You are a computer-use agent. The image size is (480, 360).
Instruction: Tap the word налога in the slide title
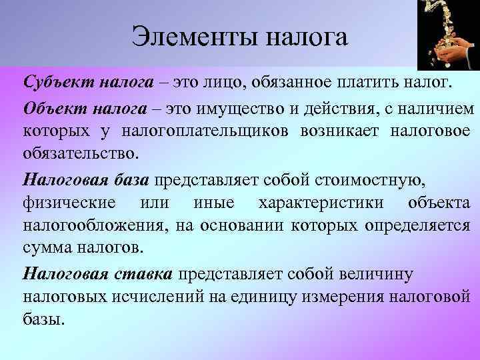[307, 36]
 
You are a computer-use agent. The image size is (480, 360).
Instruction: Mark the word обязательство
[80, 154]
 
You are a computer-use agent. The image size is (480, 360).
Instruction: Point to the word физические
[69, 202]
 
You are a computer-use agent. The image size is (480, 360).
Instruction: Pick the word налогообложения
[92, 226]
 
